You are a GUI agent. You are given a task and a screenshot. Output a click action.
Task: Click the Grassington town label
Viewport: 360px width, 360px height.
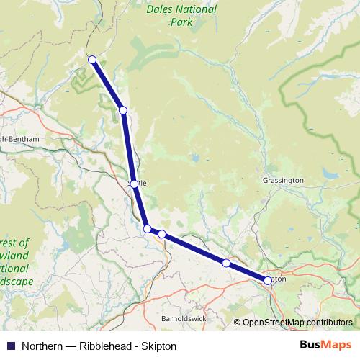pos(284,180)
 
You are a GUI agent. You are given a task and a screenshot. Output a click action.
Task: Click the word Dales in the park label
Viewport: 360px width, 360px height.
pos(160,10)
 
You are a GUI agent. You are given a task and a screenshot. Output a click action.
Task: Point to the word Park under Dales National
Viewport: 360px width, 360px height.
pos(181,22)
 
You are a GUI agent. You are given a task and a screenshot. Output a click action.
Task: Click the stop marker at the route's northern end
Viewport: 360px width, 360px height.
pos(92,59)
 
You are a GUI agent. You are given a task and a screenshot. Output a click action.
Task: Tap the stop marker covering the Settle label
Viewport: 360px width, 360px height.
pos(134,184)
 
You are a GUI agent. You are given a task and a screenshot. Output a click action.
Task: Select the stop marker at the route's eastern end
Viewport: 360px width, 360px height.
pos(268,280)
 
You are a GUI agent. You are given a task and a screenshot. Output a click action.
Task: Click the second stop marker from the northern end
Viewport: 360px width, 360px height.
pos(123,109)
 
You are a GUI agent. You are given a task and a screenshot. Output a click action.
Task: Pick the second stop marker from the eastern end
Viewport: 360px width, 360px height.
pos(226,263)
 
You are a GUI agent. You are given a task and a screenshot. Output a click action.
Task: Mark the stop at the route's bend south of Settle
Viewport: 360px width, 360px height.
pos(148,228)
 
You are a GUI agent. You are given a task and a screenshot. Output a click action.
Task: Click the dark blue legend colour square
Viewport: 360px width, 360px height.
pos(10,346)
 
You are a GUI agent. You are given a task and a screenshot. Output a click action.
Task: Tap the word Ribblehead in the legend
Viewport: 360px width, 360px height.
pos(104,346)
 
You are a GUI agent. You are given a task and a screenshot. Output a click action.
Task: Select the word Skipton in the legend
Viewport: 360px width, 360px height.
pos(160,346)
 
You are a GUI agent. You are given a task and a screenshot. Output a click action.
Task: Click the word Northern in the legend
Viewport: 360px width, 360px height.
pos(42,346)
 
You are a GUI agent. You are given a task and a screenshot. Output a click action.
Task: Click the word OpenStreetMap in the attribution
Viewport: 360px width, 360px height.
pos(274,323)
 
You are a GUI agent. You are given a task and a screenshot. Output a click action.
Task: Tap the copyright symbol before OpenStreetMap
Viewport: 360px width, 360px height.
pos(238,323)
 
